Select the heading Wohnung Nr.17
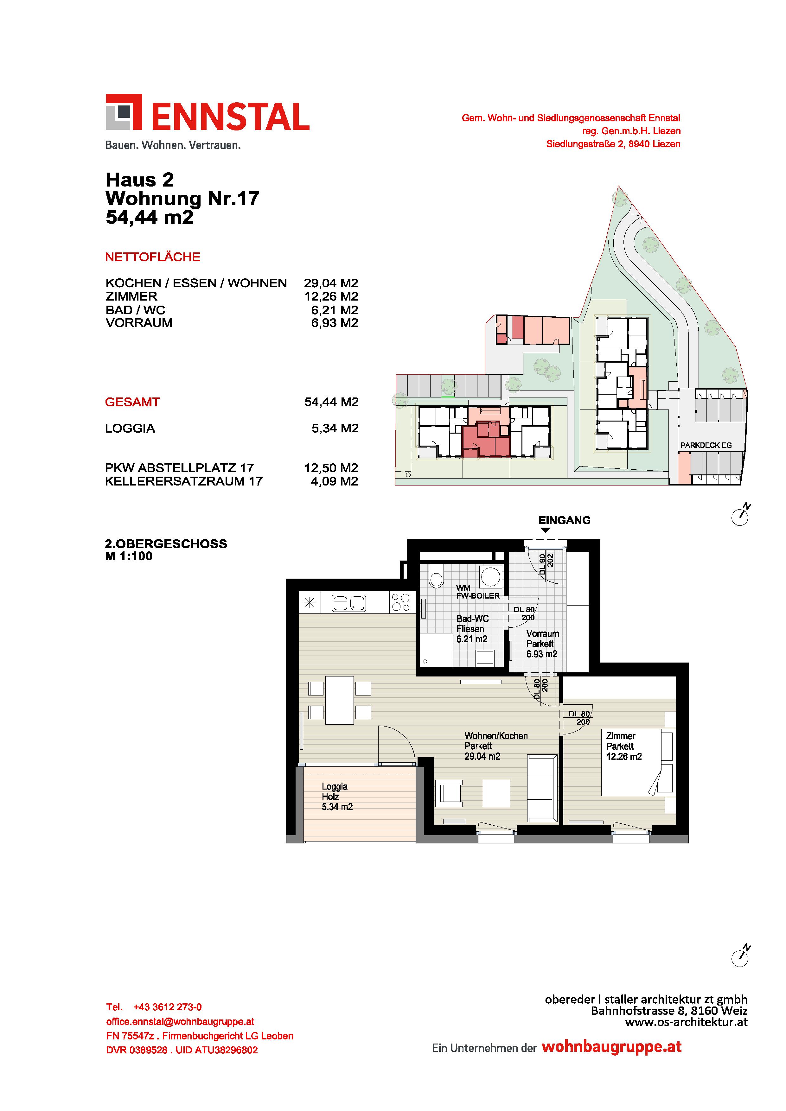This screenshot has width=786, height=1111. coord(182,198)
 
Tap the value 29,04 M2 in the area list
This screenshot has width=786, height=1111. coord(331,283)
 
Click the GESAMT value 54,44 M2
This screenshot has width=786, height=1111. coord(331,402)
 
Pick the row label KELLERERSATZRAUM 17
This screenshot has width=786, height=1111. coord(184,481)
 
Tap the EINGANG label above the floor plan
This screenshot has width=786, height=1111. coord(564,520)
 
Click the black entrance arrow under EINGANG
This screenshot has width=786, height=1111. coord(546,530)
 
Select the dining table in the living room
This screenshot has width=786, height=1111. coord(340,700)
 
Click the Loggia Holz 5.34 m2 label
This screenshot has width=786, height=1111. coord(337,797)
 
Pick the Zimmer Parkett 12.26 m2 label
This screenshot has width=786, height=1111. coord(624,746)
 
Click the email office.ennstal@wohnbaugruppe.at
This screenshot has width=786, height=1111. coord(180,1021)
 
